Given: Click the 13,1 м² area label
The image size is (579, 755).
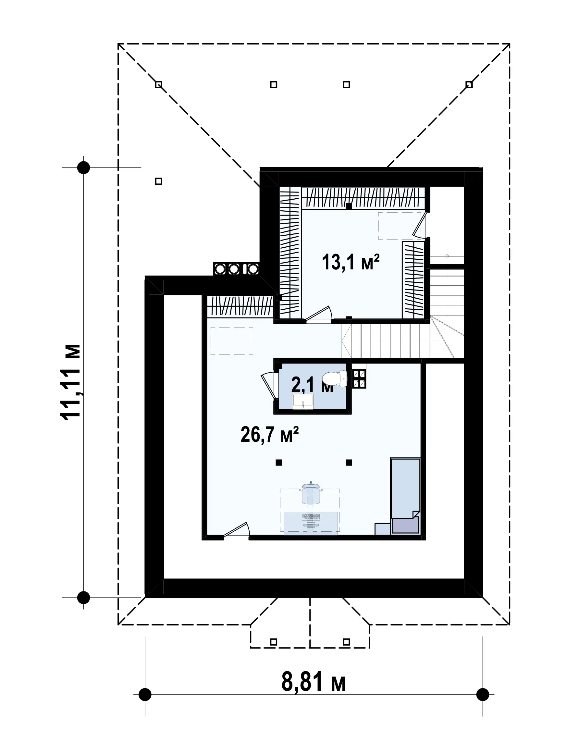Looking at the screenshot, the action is (351, 262).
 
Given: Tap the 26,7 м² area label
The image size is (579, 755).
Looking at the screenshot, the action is (269, 435).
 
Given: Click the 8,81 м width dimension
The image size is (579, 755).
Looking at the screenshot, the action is (314, 682).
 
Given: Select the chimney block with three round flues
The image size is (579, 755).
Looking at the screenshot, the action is (236, 269).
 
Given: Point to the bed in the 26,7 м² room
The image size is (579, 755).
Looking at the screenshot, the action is (406, 496).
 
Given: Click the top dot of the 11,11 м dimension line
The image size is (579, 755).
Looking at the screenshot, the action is (83, 167).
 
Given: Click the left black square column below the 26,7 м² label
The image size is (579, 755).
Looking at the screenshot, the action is (279, 463).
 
